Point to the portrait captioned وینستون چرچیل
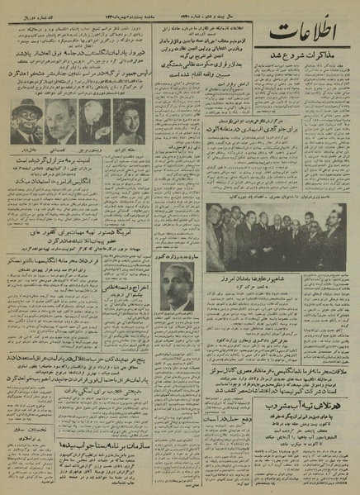(x=92, y=120)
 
